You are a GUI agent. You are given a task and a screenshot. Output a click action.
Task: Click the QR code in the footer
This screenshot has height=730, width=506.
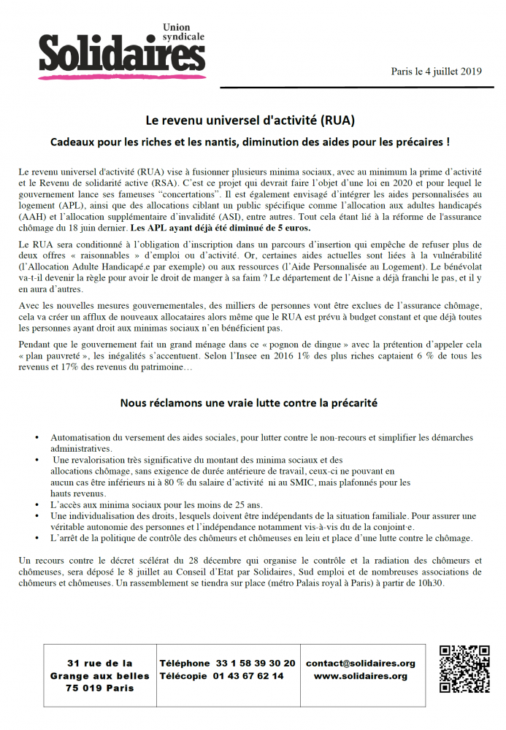[464, 669]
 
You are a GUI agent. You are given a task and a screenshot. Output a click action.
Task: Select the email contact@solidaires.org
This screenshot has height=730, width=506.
[361, 664]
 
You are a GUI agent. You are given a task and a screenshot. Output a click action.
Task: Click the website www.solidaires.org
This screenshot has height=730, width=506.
[361, 677]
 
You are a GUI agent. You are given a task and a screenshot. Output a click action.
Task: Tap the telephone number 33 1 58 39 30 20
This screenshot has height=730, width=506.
[256, 664]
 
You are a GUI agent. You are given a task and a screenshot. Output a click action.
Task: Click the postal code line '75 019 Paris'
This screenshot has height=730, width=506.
[100, 688]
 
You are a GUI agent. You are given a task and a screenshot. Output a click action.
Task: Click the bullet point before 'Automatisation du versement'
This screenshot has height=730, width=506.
[37, 438]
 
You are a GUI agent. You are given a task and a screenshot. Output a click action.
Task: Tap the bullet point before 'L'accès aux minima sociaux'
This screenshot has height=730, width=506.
[37, 505]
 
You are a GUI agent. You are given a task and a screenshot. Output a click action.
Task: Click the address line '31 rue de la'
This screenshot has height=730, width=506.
[100, 664]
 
